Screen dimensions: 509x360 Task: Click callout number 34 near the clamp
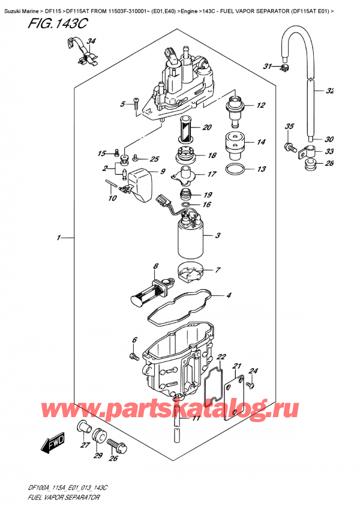(91, 41)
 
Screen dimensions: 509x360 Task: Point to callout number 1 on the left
(58, 239)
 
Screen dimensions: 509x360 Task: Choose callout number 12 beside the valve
(260, 106)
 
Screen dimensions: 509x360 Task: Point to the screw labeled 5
(137, 104)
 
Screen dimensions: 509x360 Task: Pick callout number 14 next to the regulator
(260, 142)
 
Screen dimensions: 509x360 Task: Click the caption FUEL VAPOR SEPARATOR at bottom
(53, 498)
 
